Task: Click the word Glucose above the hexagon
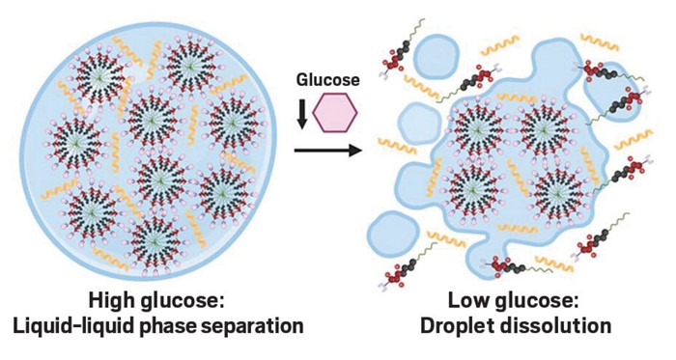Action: [327, 80]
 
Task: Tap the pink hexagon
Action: [335, 112]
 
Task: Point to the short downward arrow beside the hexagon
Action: [302, 114]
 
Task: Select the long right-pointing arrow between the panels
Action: [327, 151]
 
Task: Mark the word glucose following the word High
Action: [182, 301]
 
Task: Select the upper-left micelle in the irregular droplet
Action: [477, 129]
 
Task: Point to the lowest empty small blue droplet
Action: [392, 234]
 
